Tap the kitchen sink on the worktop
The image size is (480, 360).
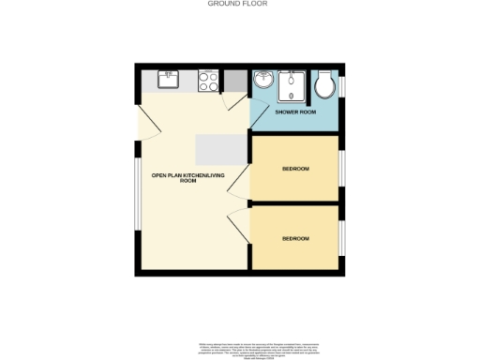coord(169,80)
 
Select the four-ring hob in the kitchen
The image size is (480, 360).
coord(209,82)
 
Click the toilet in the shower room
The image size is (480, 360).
coord(325,88)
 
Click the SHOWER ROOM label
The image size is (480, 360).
coord(295,113)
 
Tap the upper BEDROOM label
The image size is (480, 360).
coord(295,169)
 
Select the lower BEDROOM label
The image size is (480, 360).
coord(295,238)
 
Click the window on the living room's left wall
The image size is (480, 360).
coord(137,194)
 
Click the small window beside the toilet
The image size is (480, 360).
coord(341,84)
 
